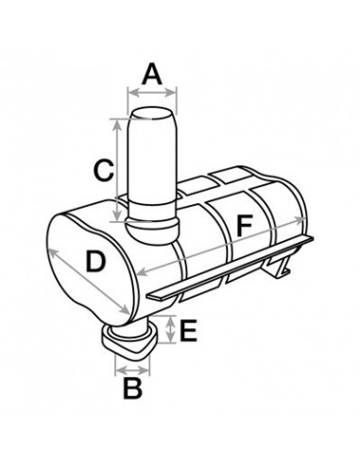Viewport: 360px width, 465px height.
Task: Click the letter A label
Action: click(151, 71)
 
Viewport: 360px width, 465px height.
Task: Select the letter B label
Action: click(134, 386)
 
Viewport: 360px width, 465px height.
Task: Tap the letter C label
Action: click(106, 171)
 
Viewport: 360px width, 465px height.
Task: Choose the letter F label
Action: click(244, 226)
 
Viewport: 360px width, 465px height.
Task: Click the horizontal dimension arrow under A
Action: click(151, 92)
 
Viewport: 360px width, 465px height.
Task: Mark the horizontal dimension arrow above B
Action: click(134, 362)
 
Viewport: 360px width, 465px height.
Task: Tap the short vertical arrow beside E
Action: click(169, 331)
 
